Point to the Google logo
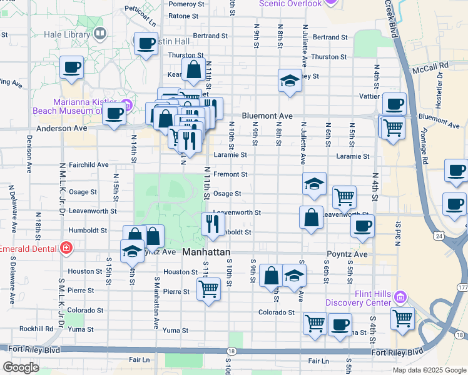(x=21, y=367)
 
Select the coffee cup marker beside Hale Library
(x=146, y=44)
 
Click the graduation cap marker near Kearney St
(x=288, y=81)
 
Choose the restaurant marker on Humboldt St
(x=213, y=222)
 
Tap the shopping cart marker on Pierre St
(x=208, y=288)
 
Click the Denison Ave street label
(x=29, y=154)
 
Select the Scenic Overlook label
(x=290, y=4)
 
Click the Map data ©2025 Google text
(x=429, y=370)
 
